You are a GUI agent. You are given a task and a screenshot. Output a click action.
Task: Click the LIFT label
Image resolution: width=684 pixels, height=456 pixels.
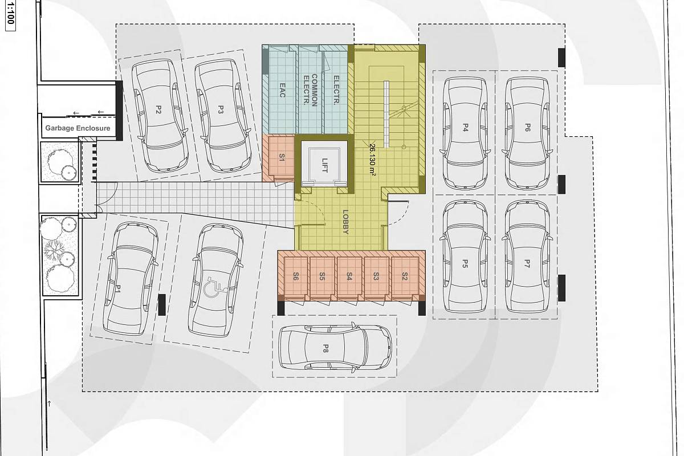[324, 165]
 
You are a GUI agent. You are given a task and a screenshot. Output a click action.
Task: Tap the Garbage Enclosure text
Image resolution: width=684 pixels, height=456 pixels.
[78, 128]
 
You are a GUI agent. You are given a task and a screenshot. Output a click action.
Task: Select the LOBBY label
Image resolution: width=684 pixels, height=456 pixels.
[345, 222]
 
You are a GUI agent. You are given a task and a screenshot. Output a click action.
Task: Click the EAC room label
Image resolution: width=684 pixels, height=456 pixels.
[282, 91]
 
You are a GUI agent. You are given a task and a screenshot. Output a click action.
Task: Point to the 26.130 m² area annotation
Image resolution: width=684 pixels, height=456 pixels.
[373, 160]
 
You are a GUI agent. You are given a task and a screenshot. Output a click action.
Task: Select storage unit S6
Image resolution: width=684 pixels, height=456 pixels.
[296, 276]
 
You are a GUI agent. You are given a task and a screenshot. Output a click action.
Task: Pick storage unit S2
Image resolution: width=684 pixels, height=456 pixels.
[405, 276]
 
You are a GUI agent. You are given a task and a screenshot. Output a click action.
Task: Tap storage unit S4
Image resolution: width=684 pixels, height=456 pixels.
[349, 276]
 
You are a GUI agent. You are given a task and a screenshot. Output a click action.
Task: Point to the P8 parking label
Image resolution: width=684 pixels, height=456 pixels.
[325, 348]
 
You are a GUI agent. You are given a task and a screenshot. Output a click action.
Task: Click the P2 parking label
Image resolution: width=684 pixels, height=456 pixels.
[158, 109]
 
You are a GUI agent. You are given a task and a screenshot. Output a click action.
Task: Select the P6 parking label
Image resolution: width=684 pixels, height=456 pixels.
[527, 127]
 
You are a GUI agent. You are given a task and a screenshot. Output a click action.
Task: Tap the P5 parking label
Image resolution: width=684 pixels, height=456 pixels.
[465, 263]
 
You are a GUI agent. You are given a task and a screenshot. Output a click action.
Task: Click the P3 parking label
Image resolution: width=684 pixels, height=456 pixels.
[221, 109]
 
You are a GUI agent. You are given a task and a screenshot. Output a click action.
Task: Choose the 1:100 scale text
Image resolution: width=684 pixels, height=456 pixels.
[10, 14]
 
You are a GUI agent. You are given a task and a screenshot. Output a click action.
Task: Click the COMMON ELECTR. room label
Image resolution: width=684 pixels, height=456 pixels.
[310, 90]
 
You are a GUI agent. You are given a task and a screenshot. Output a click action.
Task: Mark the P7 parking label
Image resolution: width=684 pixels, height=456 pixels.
[527, 263]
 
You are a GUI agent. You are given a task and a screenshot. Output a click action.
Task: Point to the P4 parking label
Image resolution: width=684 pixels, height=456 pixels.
[465, 127]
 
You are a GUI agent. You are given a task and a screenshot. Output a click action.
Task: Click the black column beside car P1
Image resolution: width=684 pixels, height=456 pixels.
[162, 305]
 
